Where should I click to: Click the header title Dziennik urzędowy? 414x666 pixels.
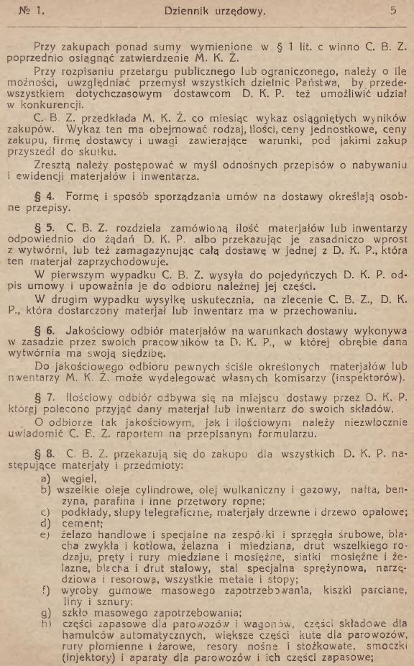(x=205, y=11)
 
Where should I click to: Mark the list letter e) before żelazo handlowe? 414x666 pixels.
(x=45, y=535)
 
